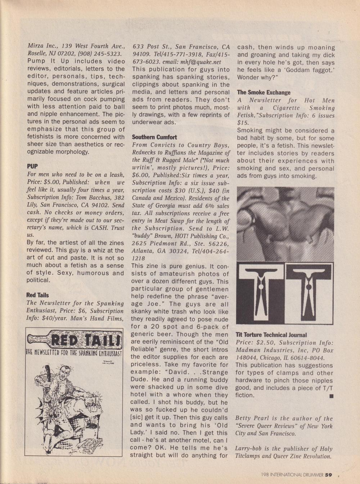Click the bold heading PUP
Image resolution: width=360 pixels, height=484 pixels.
(32, 166)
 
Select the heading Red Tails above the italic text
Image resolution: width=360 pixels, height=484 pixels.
(37, 295)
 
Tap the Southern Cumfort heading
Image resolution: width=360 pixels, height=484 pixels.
(154, 137)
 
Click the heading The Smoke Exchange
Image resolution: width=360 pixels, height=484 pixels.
(264, 92)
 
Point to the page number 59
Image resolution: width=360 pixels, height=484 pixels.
(328, 474)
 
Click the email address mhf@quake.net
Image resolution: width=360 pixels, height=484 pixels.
(202, 62)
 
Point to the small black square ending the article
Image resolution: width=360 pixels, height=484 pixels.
(331, 396)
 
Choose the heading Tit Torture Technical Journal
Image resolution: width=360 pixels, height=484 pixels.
(271, 335)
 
